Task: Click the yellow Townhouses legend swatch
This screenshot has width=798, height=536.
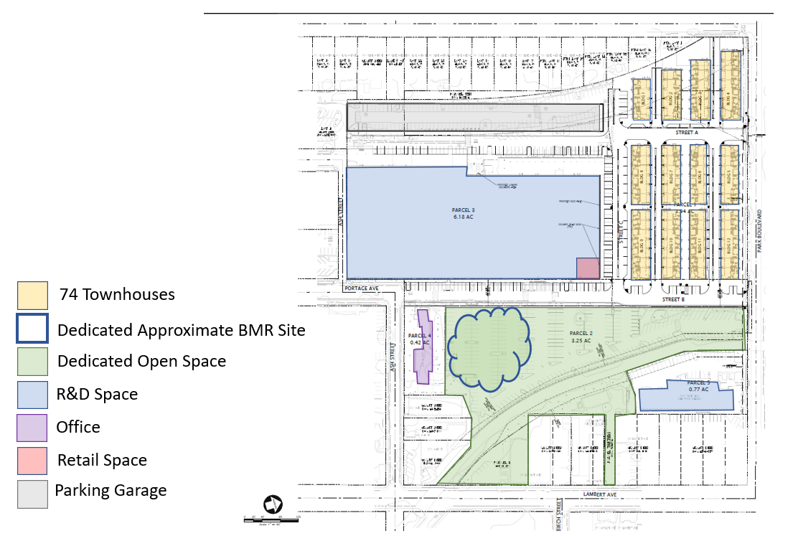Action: pos(32,294)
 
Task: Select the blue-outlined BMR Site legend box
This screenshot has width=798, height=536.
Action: pos(32,329)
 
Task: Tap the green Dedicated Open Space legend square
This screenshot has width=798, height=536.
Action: pos(32,361)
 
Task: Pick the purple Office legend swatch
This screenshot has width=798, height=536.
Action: pos(32,427)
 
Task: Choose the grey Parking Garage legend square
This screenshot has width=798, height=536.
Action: pos(32,492)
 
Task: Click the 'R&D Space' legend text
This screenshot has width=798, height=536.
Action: pos(97,394)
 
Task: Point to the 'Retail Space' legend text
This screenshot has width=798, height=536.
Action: pos(102,460)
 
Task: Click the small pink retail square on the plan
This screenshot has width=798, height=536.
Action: pos(588,268)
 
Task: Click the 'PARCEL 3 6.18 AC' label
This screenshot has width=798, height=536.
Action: pos(464,212)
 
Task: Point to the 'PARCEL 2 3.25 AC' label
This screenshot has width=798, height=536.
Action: pos(581,337)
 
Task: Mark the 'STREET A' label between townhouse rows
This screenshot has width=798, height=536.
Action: pos(686,133)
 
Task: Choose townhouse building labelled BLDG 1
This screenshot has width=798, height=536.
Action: pos(641,99)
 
